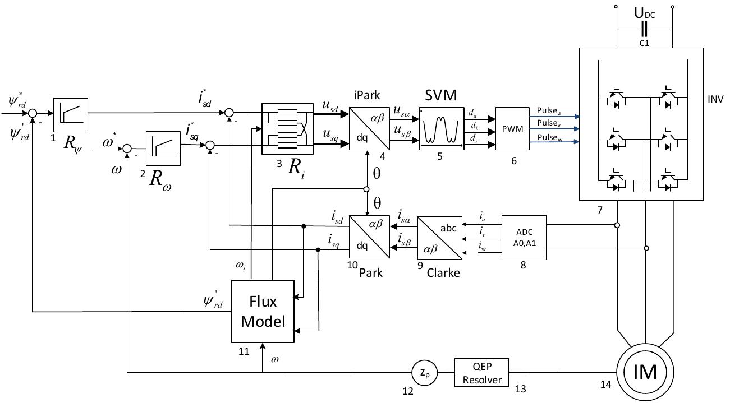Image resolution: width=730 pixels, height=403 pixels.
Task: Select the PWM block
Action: point(512,128)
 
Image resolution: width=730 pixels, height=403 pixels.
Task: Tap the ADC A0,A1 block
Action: point(523,237)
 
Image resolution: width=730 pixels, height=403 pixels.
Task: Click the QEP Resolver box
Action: point(482,373)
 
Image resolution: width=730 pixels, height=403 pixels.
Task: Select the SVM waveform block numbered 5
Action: point(442,128)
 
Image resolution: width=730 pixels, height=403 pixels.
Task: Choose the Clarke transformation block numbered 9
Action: point(439,237)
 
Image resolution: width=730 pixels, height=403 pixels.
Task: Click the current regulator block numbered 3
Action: point(287,128)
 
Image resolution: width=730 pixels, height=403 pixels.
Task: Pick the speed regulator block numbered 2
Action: point(163,149)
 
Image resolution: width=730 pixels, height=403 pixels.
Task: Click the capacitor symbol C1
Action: point(644,29)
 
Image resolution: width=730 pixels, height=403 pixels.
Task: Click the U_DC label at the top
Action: point(644,13)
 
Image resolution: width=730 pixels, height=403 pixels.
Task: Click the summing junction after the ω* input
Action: point(128,149)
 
